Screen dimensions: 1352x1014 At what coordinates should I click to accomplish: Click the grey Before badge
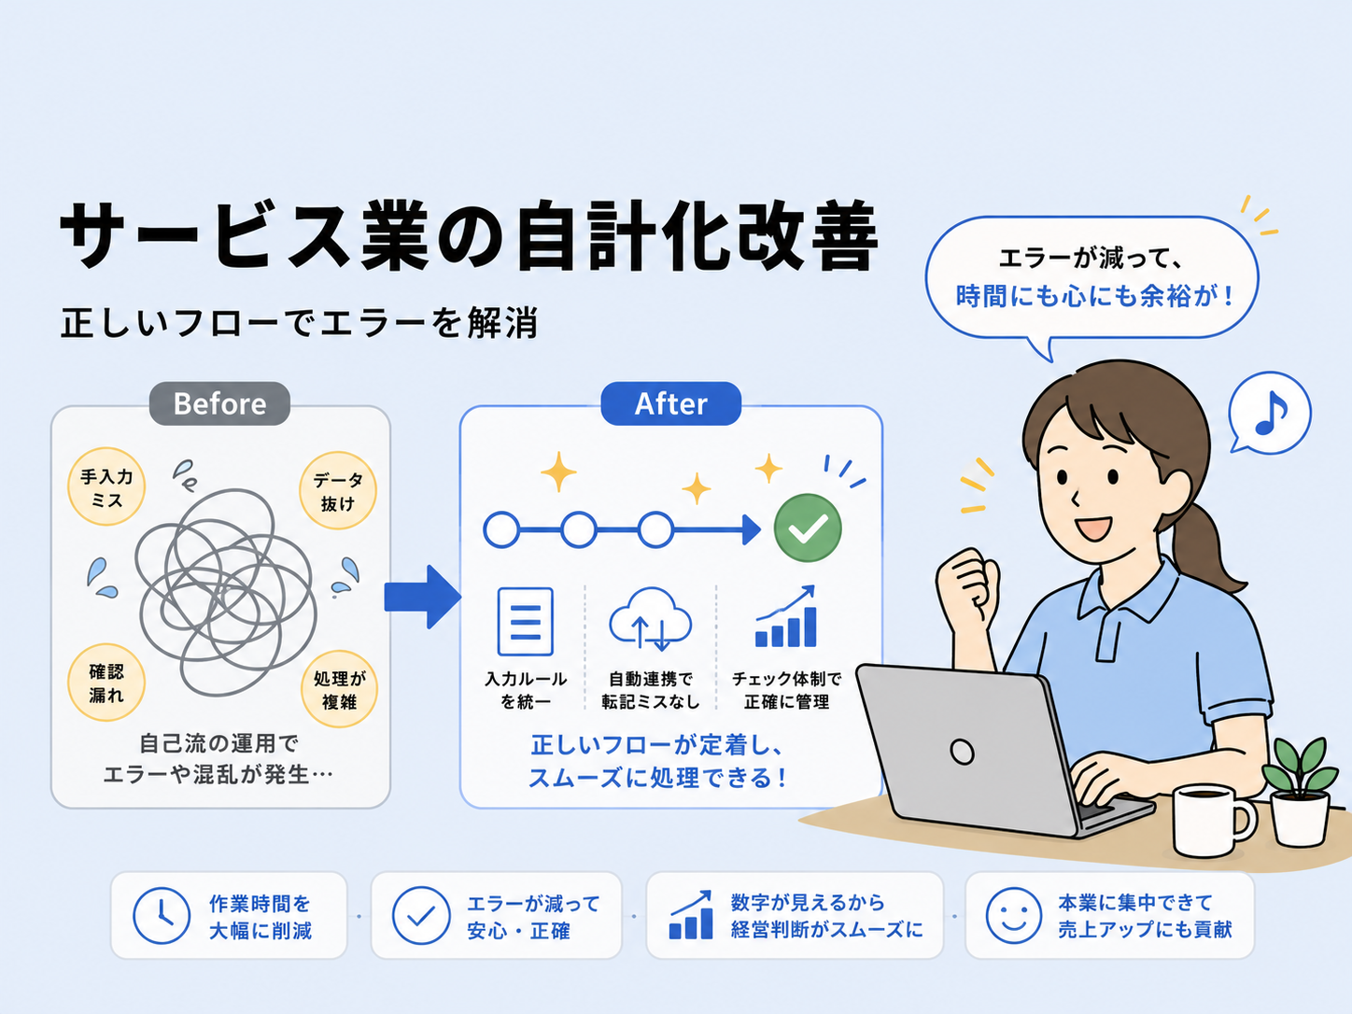(x=219, y=403)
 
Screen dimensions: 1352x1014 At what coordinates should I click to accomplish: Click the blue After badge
(x=670, y=403)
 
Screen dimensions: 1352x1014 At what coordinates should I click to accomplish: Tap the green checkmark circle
(x=808, y=528)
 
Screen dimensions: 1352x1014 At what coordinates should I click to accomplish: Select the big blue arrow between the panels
(x=423, y=597)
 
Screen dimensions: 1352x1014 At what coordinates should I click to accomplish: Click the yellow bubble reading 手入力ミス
(x=106, y=486)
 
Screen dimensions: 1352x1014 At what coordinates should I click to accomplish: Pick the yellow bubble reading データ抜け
(x=338, y=491)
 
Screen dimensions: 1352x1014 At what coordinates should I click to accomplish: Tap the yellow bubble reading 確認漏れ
(x=106, y=683)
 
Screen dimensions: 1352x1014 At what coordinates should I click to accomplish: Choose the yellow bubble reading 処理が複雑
(x=339, y=689)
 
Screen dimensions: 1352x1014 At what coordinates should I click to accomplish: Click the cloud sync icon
(x=650, y=619)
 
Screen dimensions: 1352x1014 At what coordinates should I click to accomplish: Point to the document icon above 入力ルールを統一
(x=525, y=621)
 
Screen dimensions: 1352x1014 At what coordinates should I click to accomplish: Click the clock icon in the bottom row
(x=162, y=915)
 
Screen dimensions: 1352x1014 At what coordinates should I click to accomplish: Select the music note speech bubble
(x=1269, y=414)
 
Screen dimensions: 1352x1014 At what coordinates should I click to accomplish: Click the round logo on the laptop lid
(x=962, y=751)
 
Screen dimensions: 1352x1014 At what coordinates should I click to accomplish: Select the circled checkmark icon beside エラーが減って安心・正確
(x=421, y=915)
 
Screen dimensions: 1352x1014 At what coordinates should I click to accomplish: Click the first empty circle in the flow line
(x=501, y=529)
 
